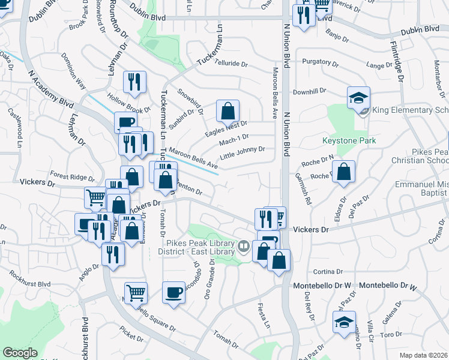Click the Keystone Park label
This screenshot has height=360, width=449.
(x=350, y=141)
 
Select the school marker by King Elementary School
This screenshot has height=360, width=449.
(x=358, y=98)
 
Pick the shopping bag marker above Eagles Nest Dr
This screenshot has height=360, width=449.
(x=228, y=111)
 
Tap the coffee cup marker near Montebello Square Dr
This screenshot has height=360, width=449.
(x=173, y=293)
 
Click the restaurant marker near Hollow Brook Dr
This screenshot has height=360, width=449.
(x=134, y=83)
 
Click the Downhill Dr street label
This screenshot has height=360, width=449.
(x=309, y=91)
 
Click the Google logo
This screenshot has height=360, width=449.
(x=20, y=353)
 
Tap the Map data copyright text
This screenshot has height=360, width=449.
(x=423, y=355)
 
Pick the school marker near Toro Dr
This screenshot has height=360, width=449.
(x=344, y=322)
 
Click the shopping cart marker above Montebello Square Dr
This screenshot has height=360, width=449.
(x=136, y=293)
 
